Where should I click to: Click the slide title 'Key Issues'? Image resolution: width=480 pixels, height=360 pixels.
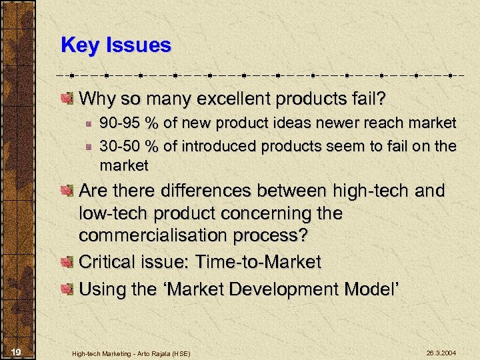(x=116, y=45)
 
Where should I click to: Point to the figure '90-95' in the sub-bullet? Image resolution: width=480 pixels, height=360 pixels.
(x=117, y=123)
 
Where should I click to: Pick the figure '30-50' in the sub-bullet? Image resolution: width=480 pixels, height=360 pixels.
(x=117, y=145)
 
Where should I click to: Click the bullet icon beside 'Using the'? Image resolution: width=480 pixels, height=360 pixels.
(x=67, y=289)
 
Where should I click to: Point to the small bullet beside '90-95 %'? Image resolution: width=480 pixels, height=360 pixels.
(x=87, y=124)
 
